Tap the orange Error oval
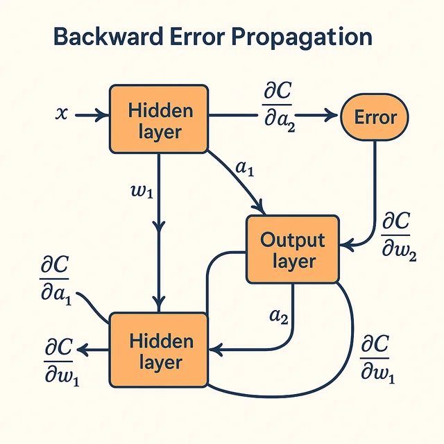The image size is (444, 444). click(375, 117)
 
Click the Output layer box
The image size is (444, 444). click(292, 250)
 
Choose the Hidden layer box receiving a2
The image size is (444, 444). click(159, 350)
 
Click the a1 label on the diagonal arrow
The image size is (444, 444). click(245, 167)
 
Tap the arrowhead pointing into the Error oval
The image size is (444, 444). click(332, 117)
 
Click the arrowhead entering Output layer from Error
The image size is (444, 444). click(346, 244)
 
